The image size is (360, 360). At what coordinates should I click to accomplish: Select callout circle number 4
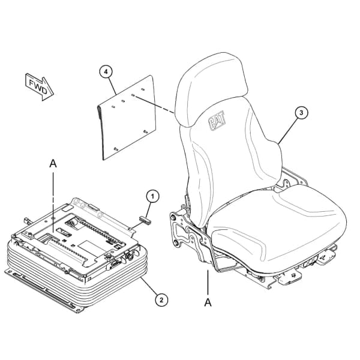coord(106,71)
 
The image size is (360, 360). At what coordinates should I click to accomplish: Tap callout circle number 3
coord(301,113)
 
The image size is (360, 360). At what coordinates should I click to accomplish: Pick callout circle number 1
coord(152,196)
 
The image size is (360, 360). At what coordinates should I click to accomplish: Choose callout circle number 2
coord(161,300)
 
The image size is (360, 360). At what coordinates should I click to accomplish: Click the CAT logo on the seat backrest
coord(217,121)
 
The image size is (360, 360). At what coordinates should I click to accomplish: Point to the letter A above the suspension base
coord(53,164)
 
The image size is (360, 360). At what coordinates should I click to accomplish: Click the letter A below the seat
coord(208,302)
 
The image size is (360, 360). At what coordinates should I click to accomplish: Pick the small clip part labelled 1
coord(146,220)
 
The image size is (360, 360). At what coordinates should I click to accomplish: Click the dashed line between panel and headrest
coord(154,104)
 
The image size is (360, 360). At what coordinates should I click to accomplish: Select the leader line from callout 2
coord(149,286)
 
